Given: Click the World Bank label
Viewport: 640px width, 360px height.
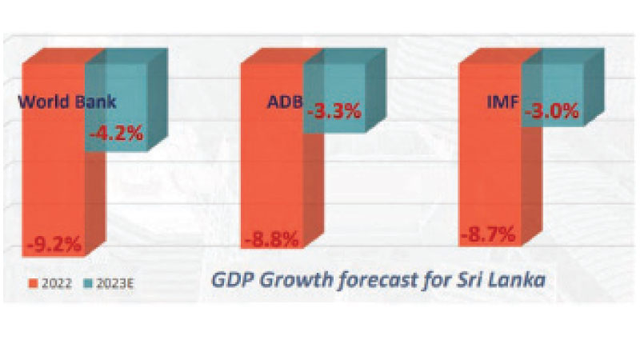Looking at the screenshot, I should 68,102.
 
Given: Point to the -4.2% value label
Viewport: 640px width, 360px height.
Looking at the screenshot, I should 115,134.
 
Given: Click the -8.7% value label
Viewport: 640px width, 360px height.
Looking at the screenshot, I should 489,235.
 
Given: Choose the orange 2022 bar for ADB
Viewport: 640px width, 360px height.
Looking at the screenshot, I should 272,176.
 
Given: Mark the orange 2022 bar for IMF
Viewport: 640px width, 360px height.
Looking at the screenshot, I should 490,176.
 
